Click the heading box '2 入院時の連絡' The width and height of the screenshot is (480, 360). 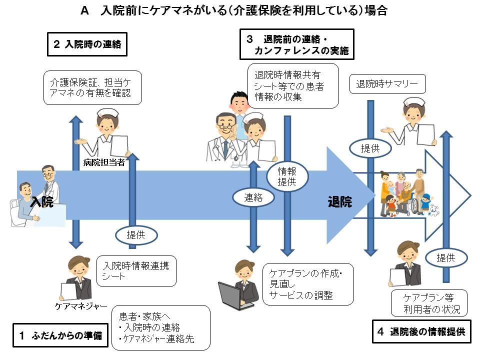[x=87, y=44]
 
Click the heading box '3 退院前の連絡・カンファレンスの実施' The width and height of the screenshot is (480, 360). [x=296, y=44]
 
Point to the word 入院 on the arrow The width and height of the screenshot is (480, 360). [x=42, y=202]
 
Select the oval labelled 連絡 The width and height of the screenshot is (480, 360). [x=253, y=197]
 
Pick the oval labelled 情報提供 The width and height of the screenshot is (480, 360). [x=287, y=176]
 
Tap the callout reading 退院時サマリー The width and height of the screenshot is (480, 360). [x=387, y=84]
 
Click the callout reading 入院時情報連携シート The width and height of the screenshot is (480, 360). [x=136, y=270]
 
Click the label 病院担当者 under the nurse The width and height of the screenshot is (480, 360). [x=104, y=162]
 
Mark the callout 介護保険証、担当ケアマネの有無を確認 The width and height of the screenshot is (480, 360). [x=92, y=87]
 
